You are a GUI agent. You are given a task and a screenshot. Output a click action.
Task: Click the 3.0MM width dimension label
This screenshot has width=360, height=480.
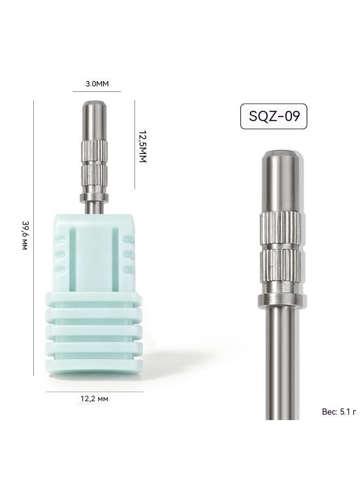click(x=97, y=84)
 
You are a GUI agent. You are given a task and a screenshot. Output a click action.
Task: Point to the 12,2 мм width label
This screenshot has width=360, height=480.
click(x=94, y=398)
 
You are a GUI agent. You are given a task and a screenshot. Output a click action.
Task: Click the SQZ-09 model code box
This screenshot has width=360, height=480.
click(x=274, y=116)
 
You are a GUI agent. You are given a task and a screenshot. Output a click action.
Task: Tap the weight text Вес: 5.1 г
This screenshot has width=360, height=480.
click(x=339, y=412)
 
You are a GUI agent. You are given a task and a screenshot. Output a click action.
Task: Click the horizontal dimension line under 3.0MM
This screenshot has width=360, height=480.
click(x=97, y=91)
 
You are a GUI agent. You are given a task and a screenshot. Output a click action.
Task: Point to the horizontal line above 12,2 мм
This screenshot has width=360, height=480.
click(x=94, y=391)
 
